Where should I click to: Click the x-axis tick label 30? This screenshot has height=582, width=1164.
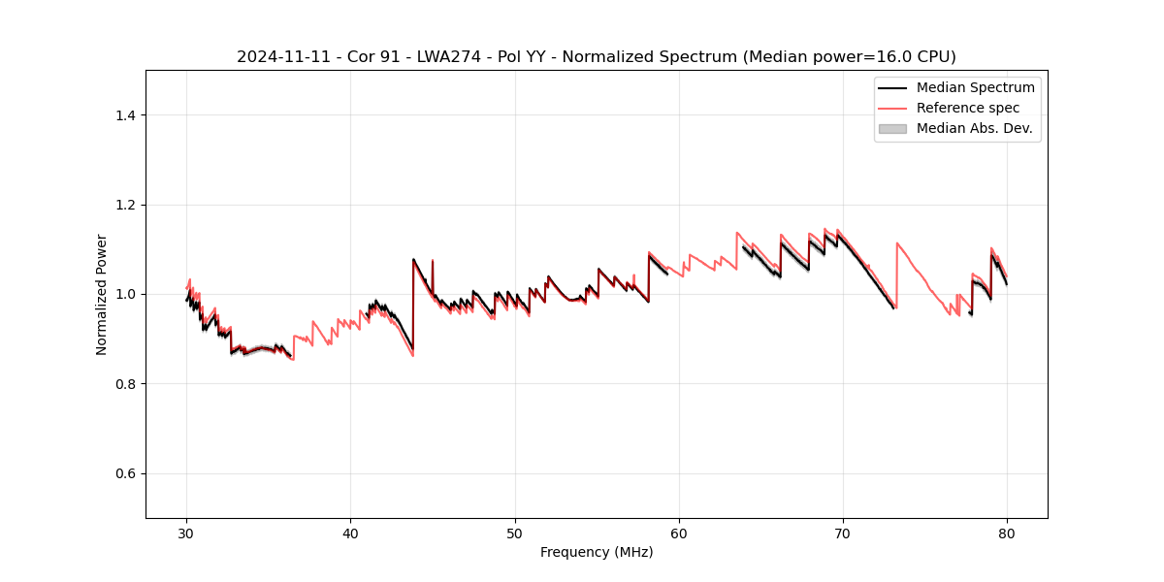point(186,533)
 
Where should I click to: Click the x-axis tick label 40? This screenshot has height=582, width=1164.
point(350,533)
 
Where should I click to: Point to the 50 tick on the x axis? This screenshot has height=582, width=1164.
point(515,533)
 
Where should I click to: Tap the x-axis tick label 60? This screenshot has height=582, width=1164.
point(679,533)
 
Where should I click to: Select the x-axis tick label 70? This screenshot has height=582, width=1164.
point(843,533)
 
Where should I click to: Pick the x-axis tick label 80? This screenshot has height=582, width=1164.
point(1007,533)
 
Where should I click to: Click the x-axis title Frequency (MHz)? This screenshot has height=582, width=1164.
point(597,552)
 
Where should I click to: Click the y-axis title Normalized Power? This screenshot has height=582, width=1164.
point(102,294)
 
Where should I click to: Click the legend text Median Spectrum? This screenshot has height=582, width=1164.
point(975,87)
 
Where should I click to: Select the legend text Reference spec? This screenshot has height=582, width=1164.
point(968,108)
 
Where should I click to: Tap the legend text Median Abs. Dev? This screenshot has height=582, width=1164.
point(974,128)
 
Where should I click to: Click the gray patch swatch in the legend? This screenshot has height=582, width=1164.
point(892,128)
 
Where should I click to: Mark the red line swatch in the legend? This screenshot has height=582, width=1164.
point(892,108)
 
